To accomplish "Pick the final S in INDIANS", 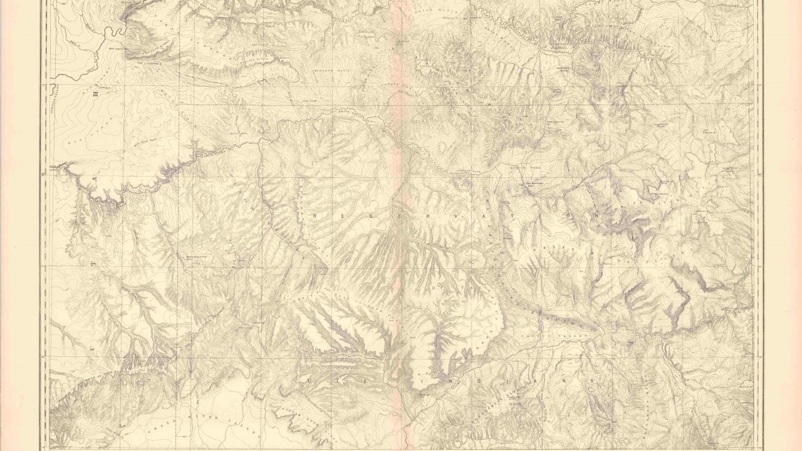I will [x=595, y=381].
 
